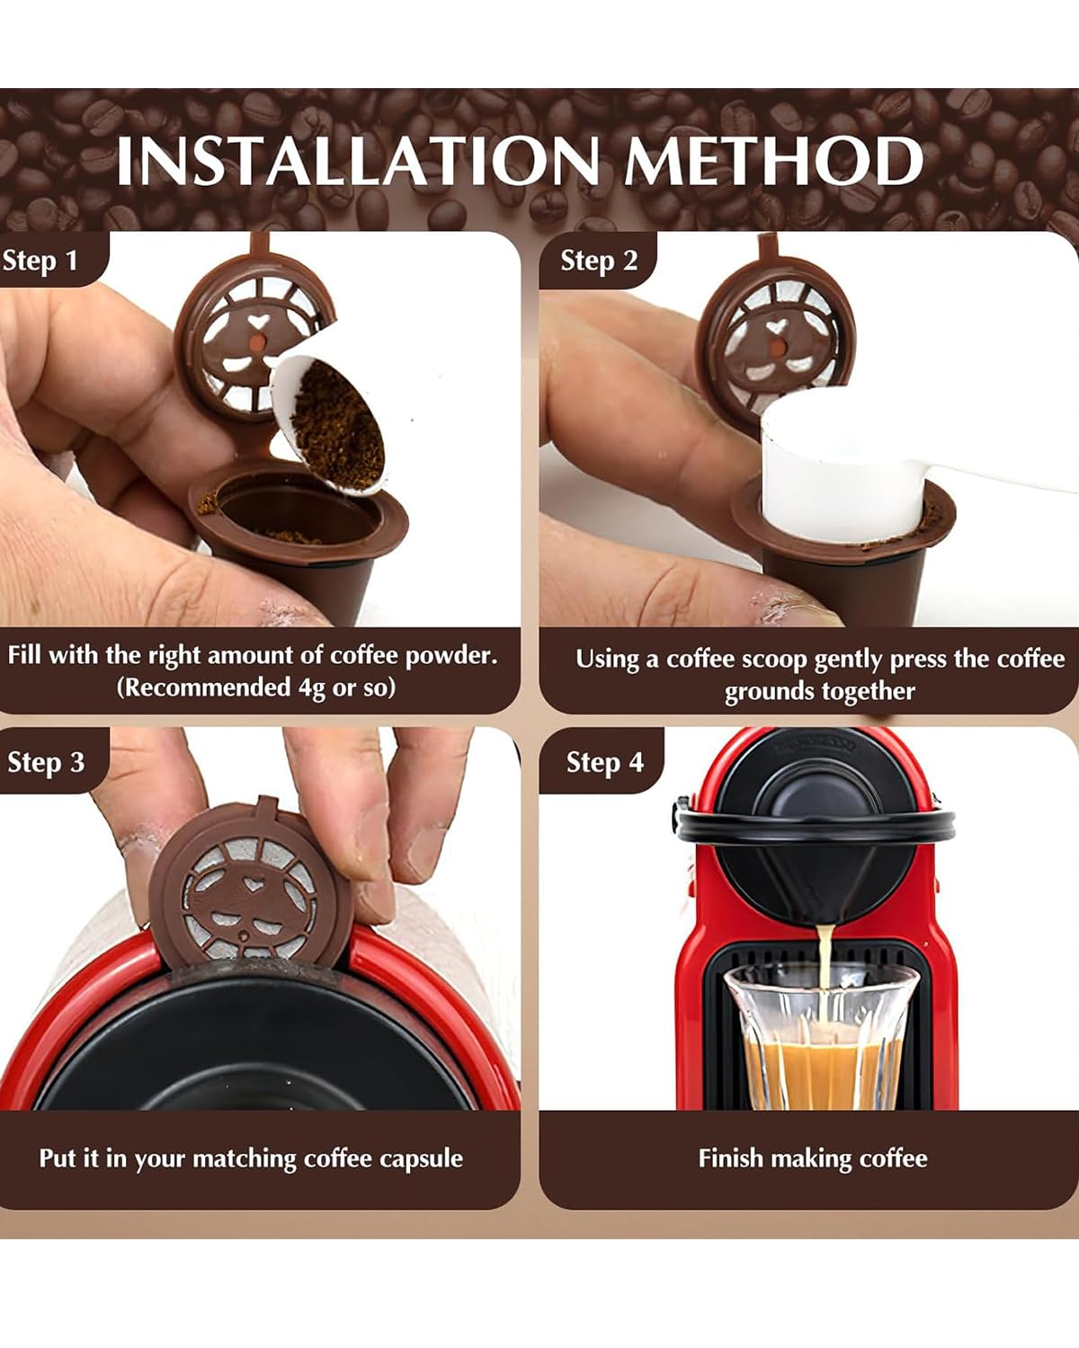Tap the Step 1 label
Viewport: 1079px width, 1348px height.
(x=40, y=261)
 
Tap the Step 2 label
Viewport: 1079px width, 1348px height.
(x=599, y=261)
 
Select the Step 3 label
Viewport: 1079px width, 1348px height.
(x=46, y=762)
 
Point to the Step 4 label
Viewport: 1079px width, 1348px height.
(x=605, y=762)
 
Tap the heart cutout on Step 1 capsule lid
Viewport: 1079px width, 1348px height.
(x=258, y=322)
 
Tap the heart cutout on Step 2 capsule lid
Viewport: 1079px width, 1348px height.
(x=777, y=326)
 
